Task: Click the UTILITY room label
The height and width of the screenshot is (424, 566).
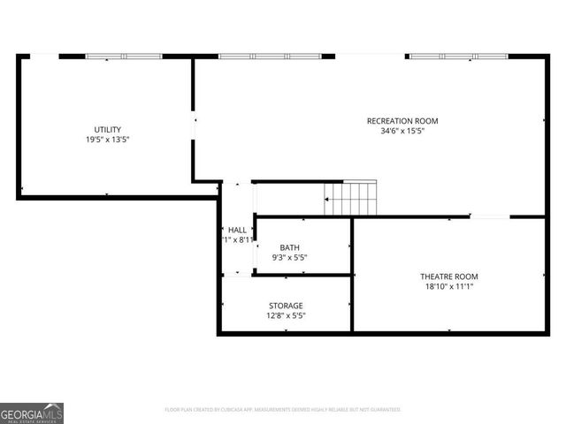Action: coord(107,129)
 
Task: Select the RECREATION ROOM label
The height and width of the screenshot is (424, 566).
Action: coord(402,121)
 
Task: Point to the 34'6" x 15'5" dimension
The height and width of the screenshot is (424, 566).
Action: coord(402,132)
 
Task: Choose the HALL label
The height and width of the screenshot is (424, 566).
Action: coord(237,230)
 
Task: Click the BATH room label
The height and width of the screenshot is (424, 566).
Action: coord(290,247)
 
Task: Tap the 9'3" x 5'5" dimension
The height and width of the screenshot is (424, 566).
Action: coord(290,258)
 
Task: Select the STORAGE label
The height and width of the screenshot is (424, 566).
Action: coord(286,306)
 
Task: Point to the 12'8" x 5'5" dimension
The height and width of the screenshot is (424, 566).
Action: coord(286,316)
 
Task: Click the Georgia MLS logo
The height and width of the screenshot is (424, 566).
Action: coord(32,413)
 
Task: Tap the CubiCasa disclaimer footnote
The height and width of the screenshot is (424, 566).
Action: coord(283,410)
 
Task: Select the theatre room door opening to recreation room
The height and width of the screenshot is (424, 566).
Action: coord(489,216)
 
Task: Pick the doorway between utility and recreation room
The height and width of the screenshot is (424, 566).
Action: coord(194,125)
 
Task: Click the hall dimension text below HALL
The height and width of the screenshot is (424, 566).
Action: coord(237,240)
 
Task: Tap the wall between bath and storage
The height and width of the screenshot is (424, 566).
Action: coord(303,276)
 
